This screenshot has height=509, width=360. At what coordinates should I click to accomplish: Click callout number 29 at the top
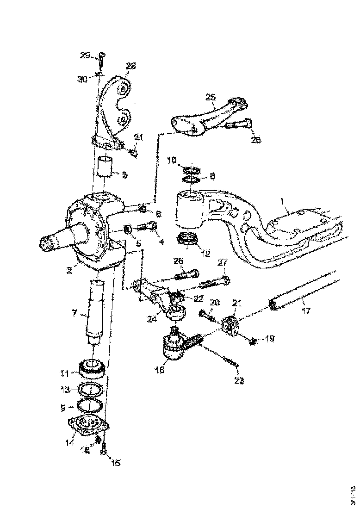coord(84,56)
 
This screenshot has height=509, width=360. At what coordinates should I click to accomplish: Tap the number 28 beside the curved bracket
coord(131,66)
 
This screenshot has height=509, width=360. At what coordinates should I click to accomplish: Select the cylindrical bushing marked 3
coord(105,167)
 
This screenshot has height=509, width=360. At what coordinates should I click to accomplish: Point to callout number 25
coord(211,97)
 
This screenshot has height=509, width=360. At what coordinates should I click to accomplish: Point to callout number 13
coord(65,389)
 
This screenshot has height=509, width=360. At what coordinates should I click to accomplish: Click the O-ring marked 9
coord(88,405)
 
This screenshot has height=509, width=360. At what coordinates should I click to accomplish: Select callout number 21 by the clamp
coord(237,304)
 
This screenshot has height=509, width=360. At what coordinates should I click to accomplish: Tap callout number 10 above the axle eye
coord(172,160)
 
